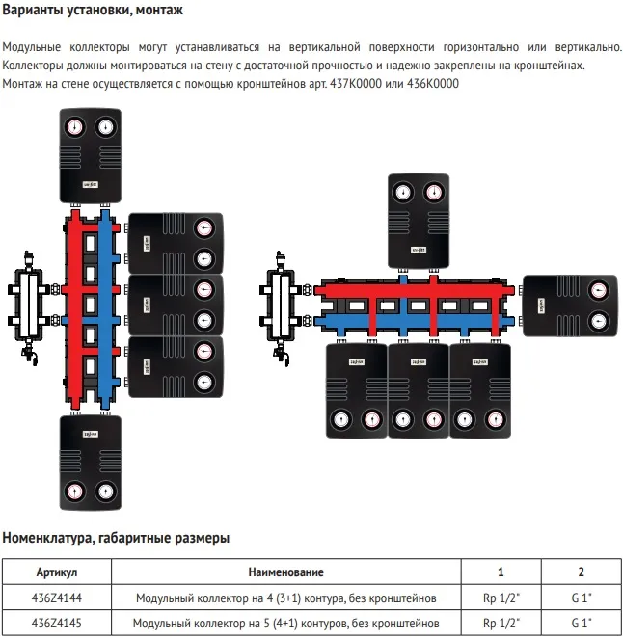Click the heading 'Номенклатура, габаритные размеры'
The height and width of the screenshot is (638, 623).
116,537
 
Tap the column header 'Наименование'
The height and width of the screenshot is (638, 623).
285,572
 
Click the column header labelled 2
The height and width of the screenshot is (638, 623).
581,572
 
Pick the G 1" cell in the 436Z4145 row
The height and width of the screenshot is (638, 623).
581,622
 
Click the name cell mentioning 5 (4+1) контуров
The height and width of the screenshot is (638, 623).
285,622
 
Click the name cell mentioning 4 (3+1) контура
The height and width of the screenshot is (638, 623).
285,597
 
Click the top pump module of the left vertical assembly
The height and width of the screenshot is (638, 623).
89,153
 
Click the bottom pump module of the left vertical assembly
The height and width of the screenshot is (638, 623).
89,460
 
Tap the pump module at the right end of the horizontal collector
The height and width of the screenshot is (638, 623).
573,306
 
